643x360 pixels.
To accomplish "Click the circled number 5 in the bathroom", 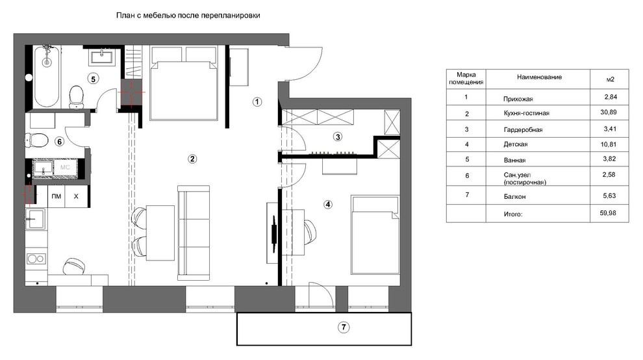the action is (x=93, y=79).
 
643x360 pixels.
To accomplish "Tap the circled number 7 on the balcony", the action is (x=344, y=327).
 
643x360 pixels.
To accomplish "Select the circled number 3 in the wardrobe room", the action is (x=338, y=136).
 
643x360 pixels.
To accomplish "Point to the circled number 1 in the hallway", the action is (x=257, y=101).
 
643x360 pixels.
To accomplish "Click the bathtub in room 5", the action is (x=47, y=77).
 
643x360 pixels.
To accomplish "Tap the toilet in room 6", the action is (x=37, y=140).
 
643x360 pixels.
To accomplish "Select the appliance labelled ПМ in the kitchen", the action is (x=56, y=196).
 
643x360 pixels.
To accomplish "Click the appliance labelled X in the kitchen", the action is (x=76, y=196).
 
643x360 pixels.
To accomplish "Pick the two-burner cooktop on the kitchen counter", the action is (x=36, y=259).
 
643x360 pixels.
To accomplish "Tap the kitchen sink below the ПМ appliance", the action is (x=36, y=218).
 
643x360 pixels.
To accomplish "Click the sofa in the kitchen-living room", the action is (x=194, y=233).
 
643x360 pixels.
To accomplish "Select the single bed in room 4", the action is (x=375, y=235).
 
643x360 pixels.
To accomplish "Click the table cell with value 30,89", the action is (x=609, y=112).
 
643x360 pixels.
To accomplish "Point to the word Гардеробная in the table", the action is (x=523, y=130).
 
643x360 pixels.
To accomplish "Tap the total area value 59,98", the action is (x=608, y=213).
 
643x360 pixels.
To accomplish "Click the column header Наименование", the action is (x=539, y=77).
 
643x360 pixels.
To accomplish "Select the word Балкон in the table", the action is (x=514, y=197).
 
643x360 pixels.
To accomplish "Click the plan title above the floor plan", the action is (x=188, y=16).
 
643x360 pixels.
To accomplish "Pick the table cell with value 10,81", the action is (x=609, y=144).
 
